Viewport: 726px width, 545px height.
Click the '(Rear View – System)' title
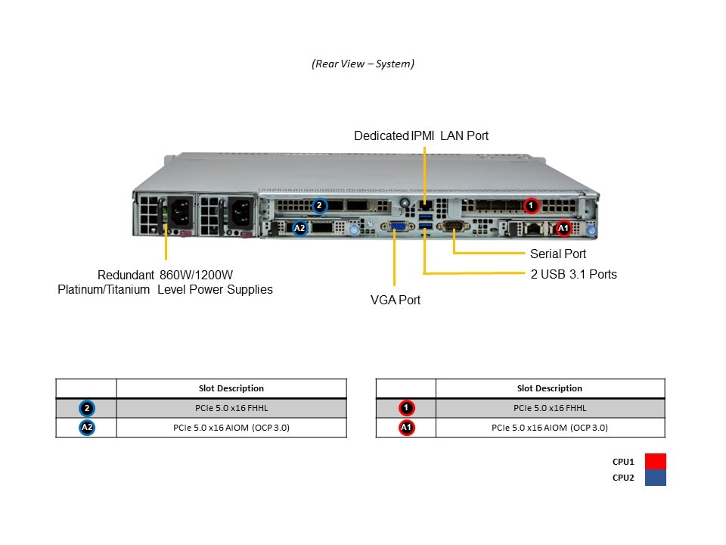coord(363,64)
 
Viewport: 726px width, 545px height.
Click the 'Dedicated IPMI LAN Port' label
coord(421,136)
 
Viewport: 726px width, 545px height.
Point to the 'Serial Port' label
coord(558,254)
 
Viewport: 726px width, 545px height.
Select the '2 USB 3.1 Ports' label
coord(573,274)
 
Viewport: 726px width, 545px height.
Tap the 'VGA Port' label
coord(396,300)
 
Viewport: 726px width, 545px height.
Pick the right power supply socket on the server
coord(240,211)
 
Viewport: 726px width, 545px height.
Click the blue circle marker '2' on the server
coord(319,205)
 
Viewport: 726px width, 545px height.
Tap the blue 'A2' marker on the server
coord(299,227)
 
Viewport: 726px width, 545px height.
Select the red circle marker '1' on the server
coord(531,205)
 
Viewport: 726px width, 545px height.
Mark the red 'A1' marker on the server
coord(563,227)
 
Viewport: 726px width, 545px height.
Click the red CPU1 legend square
coord(656,461)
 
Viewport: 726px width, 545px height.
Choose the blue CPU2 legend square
coord(656,478)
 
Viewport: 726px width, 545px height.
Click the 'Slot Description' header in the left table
coord(231,388)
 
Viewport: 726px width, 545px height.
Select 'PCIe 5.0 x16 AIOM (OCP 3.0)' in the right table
coord(550,428)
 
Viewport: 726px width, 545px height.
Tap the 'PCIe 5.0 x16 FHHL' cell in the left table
coord(231,408)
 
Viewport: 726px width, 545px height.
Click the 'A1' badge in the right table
coord(406,428)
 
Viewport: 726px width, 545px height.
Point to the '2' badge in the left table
coord(87,408)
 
